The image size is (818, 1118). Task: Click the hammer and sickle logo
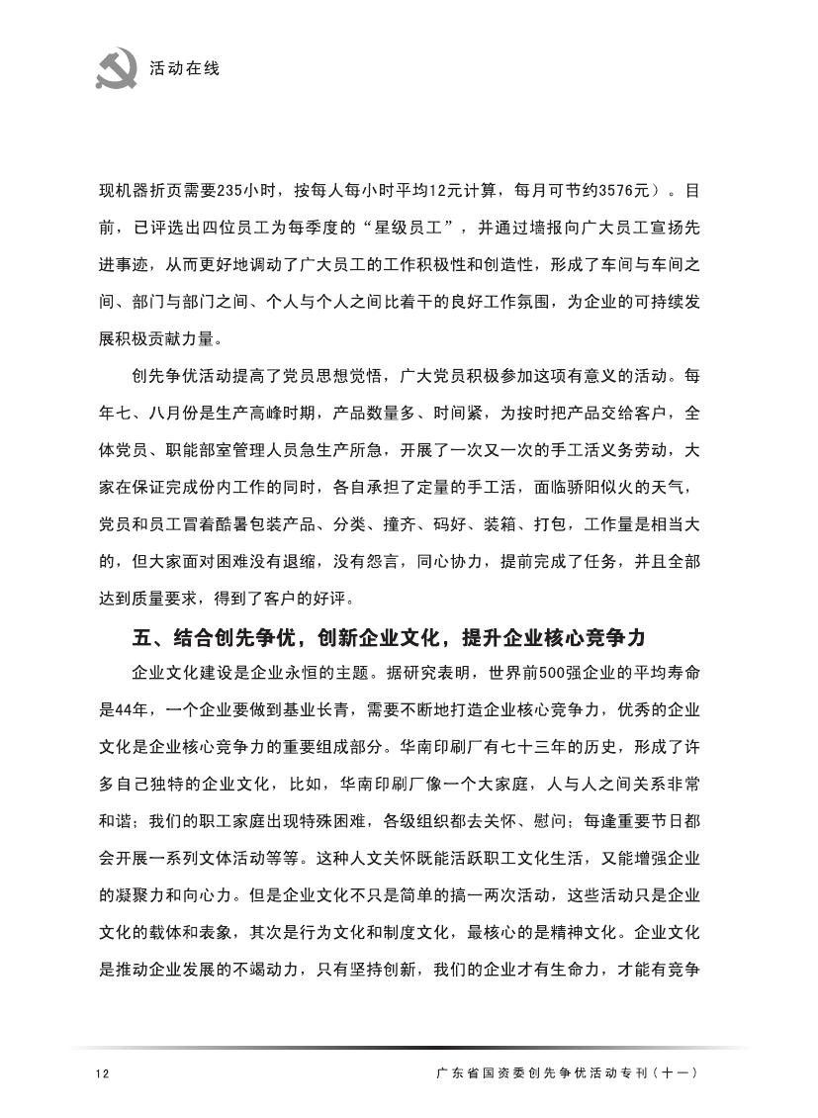[118, 68]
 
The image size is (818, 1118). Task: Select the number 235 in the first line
[256, 189]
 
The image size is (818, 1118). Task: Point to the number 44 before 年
[139, 711]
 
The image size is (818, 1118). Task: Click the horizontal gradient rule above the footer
[409, 1047]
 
